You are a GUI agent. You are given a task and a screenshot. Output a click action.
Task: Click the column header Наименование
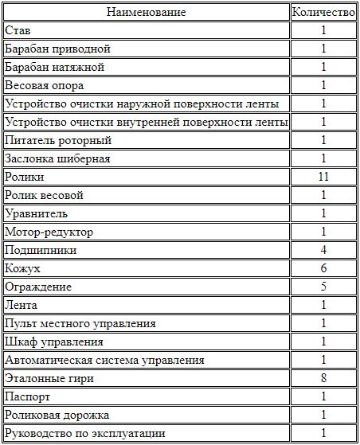click(x=146, y=12)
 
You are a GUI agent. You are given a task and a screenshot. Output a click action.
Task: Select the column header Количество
click(x=323, y=12)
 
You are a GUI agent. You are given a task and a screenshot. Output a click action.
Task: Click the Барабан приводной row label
click(x=53, y=49)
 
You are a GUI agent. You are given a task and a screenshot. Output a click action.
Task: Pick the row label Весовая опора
click(x=45, y=85)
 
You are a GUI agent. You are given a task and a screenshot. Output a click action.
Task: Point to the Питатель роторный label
click(x=57, y=140)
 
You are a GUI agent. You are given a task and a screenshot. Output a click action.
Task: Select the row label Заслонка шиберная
click(x=58, y=158)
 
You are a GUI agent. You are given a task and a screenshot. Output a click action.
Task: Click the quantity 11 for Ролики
click(x=323, y=177)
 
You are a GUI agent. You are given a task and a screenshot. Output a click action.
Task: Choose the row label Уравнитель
click(x=36, y=213)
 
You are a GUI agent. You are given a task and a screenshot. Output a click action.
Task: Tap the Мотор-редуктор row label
click(x=49, y=232)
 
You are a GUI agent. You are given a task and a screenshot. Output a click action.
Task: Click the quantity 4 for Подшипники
click(x=323, y=250)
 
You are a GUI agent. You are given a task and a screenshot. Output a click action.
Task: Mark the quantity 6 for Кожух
click(x=323, y=268)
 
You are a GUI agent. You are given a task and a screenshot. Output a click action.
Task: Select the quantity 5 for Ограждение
click(x=323, y=287)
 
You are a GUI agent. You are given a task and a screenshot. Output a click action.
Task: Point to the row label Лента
click(x=21, y=305)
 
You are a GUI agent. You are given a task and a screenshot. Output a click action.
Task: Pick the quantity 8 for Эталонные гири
click(x=323, y=378)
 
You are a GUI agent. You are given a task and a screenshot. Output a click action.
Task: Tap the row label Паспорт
click(x=28, y=396)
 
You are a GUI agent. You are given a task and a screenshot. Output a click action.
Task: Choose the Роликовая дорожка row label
click(x=57, y=415)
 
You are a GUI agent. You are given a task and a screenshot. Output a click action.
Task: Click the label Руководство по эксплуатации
click(x=85, y=433)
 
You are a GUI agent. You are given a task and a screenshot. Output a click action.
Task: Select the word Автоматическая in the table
click(x=47, y=360)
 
